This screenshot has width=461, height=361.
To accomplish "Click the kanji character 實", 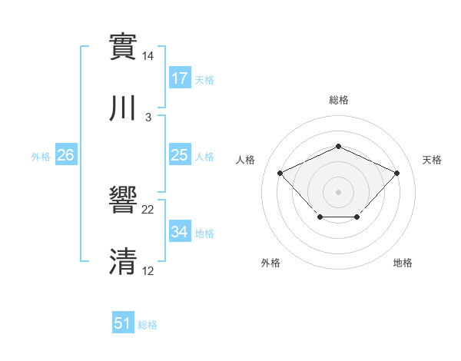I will tap(124, 46).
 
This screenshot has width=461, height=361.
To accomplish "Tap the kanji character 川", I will tap(124, 108).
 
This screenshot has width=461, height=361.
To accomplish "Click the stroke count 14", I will tap(148, 56).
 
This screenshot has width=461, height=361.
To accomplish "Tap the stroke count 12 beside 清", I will tap(148, 272).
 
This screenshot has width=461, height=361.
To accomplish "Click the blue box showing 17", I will tap(180, 78).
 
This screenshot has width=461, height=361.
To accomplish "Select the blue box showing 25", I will tap(180, 156).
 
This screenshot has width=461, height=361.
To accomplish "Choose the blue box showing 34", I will tap(180, 232).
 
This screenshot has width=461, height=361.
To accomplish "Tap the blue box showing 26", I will tap(66, 156).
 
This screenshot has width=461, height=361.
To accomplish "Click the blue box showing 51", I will tap(123, 324).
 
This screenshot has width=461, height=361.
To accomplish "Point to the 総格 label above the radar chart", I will tap(339, 100).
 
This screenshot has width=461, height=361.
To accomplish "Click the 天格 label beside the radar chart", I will tap(433, 160).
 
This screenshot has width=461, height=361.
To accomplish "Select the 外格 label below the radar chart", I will tap(270, 263).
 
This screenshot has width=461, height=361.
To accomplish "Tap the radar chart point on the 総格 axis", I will tap(338, 146).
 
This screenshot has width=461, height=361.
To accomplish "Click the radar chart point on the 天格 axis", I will tap(396, 173).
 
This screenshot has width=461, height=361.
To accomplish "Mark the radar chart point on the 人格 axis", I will tap(280, 173).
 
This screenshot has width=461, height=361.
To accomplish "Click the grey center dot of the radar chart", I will tap(338, 191).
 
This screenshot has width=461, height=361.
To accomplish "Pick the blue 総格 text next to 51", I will tap(148, 325).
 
